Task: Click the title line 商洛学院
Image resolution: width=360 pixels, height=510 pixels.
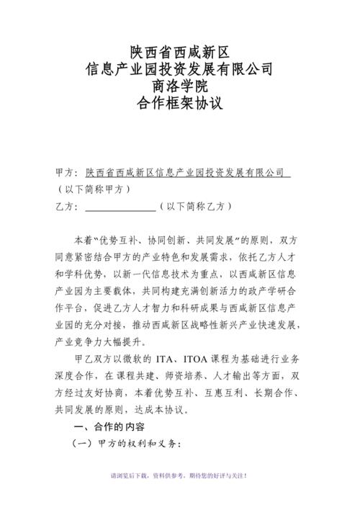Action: [x=179, y=86]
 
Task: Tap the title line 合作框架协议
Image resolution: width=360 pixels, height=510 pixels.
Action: [x=179, y=104]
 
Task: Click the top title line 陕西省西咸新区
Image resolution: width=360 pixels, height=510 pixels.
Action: [x=179, y=51]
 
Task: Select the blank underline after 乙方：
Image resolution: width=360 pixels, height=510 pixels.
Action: [x=120, y=207]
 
